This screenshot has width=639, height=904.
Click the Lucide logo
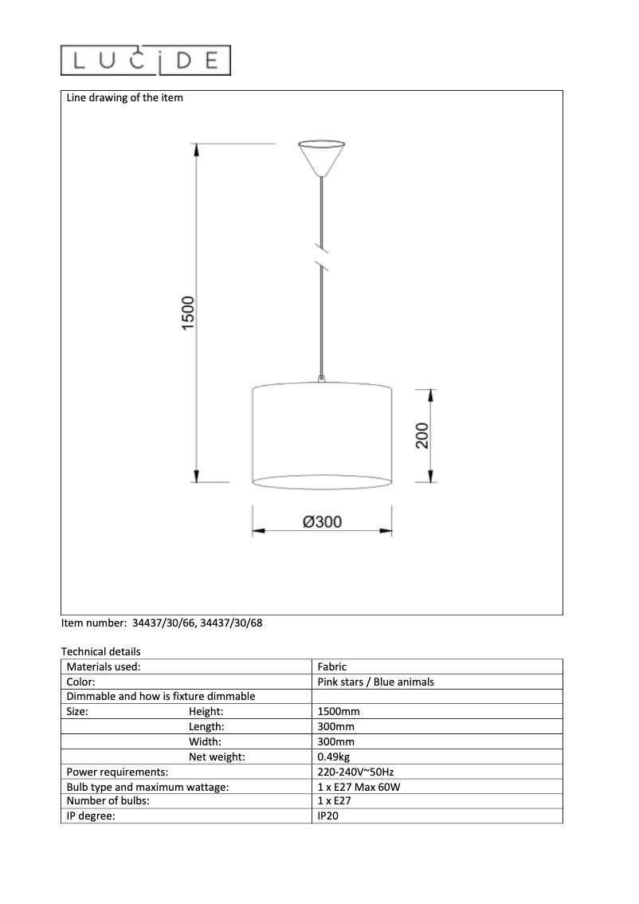[x=146, y=61]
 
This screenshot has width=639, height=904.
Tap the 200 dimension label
[x=421, y=435]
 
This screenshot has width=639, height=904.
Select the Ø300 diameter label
[x=322, y=522]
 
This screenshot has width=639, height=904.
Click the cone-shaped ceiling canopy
[x=321, y=158]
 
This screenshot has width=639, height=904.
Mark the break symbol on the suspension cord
[x=322, y=254]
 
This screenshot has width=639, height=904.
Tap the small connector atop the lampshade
[x=322, y=380]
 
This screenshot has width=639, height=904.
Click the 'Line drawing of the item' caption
[x=124, y=98]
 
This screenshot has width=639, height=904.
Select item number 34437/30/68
[x=231, y=623]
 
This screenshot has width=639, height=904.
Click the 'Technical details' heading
[x=100, y=651]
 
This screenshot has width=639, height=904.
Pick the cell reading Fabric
[x=331, y=666]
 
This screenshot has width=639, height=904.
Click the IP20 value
[x=328, y=816]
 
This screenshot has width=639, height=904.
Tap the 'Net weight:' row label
[x=217, y=757]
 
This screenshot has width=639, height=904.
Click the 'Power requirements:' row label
[x=117, y=772]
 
